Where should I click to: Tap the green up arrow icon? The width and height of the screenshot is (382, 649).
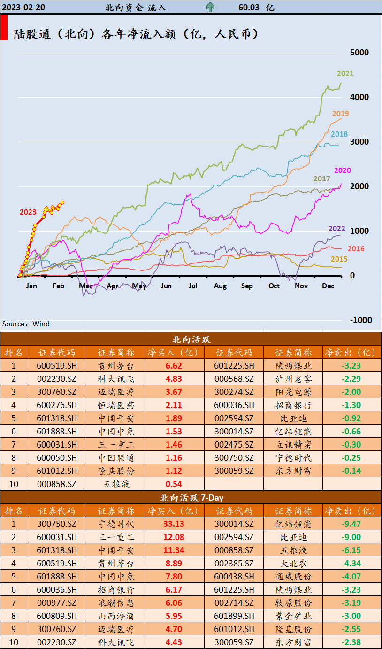(x=210, y=7)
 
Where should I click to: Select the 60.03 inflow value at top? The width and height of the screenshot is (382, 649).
(x=249, y=7)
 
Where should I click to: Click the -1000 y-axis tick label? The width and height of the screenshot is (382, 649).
(x=360, y=320)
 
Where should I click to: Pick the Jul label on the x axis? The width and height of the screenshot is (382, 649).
(x=193, y=286)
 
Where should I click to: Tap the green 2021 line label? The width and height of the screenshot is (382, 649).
(x=345, y=73)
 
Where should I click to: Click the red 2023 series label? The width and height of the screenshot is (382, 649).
(x=28, y=212)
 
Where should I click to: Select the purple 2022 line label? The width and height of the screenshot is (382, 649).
(x=336, y=229)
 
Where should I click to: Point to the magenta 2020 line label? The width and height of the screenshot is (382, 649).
(x=342, y=170)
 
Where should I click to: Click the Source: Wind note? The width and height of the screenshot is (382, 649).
(x=26, y=324)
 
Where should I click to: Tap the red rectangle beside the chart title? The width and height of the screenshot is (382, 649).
(x=4, y=28)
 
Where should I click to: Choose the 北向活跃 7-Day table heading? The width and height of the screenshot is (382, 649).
(x=191, y=497)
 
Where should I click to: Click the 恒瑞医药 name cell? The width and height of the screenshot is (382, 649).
(x=116, y=405)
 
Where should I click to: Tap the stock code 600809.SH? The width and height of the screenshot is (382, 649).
(x=56, y=616)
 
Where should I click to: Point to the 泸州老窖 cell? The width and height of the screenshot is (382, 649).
(x=293, y=379)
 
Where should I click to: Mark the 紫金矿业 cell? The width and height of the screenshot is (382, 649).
(x=293, y=616)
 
